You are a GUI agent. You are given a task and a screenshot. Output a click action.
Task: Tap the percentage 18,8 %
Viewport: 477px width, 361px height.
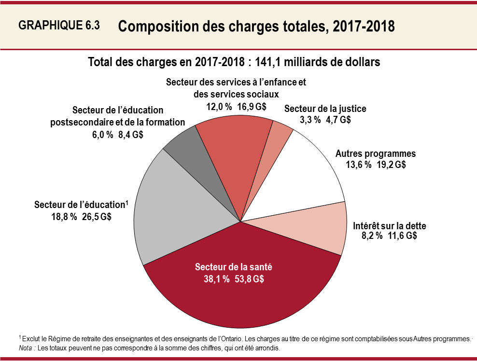64,217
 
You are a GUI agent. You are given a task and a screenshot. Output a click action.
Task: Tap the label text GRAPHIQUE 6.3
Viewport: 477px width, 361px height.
59,26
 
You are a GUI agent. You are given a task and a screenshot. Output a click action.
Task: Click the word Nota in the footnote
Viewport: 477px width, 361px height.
26,347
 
